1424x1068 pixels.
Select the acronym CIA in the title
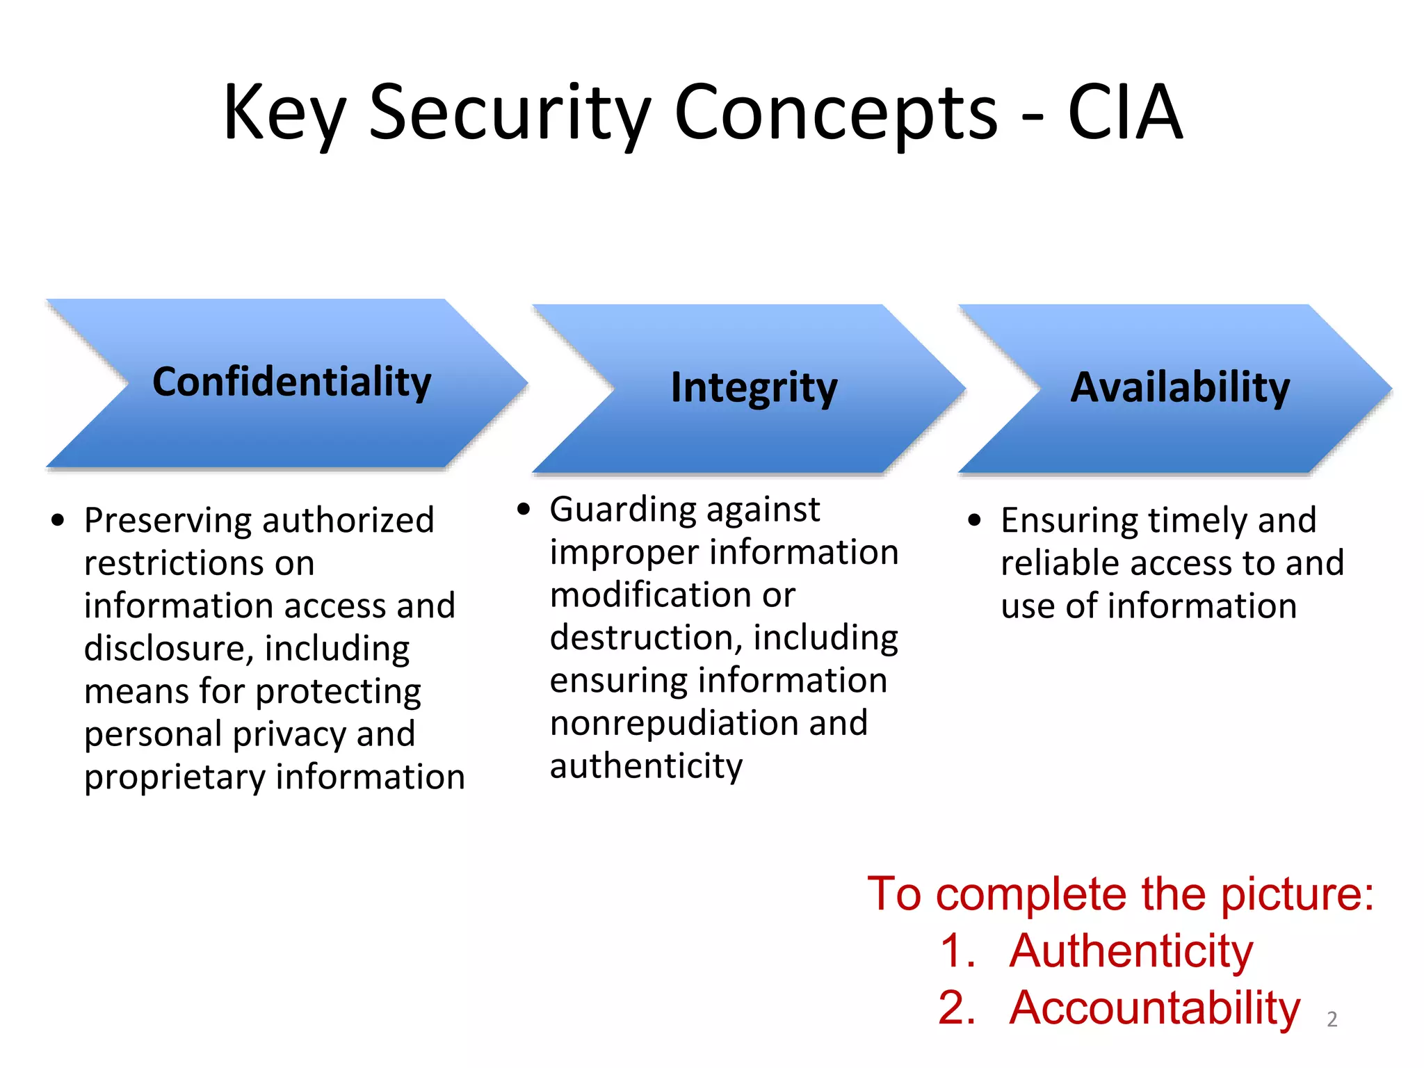point(1124,113)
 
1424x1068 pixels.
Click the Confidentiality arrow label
point(292,382)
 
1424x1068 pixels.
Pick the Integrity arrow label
point(754,388)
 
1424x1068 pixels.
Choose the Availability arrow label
point(1180,387)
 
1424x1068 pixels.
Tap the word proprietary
point(175,778)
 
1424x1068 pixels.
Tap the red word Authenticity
point(1131,951)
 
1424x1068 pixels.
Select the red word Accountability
point(1154,1008)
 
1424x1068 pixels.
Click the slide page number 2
point(1332,1019)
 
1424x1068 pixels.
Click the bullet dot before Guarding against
point(524,509)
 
